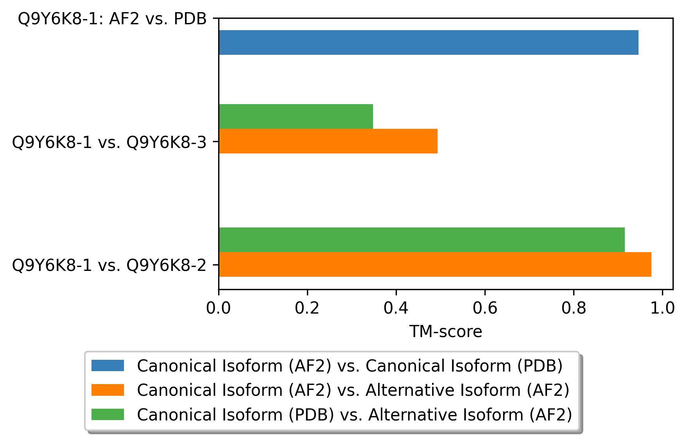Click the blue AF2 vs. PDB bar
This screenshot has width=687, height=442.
tap(428, 42)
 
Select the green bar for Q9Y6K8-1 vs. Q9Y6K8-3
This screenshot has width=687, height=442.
tap(296, 116)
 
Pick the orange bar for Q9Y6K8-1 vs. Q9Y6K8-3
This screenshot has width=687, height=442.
tap(328, 141)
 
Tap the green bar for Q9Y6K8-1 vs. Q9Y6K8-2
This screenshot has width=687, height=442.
tap(422, 240)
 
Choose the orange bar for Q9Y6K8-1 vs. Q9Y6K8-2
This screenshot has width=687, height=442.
tap(435, 264)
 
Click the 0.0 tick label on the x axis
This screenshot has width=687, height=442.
tap(219, 308)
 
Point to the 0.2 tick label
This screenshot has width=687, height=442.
tap(307, 308)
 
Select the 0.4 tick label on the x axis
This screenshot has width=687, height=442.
tap(396, 308)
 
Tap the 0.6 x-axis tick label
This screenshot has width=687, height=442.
tap(485, 308)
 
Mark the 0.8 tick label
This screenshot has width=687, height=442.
tap(574, 308)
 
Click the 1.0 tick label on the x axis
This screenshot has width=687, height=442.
tap(662, 308)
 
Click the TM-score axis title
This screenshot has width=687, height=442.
tap(445, 332)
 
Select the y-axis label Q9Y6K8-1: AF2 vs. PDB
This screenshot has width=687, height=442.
tap(112, 19)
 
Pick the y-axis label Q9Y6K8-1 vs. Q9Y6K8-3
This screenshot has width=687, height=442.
tap(109, 142)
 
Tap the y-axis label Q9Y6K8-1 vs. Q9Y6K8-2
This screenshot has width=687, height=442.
tap(109, 265)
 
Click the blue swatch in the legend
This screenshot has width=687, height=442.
tap(108, 366)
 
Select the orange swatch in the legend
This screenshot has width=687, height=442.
tap(108, 390)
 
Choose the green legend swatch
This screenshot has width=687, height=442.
tap(108, 414)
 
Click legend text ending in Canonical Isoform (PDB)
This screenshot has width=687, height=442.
tap(350, 366)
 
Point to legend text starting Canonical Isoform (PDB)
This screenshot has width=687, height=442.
tap(354, 415)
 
